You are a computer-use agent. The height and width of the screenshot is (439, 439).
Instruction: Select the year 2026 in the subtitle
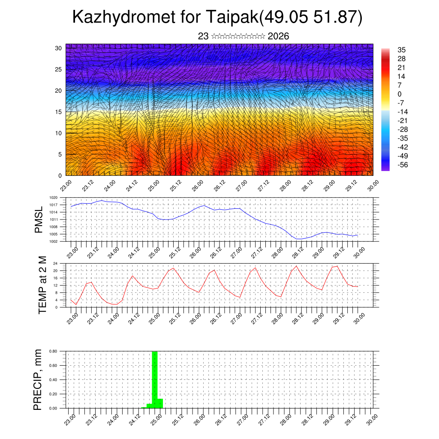pos(278,36)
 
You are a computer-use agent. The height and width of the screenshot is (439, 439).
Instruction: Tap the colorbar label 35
pos(402,50)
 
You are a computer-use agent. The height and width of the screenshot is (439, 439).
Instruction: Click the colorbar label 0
pos(400,94)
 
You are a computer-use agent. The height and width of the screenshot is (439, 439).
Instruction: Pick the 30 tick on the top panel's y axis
pos(58,48)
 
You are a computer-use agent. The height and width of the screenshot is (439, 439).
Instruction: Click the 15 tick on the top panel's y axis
pos(58,112)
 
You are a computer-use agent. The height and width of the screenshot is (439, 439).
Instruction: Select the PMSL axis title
pos(39,219)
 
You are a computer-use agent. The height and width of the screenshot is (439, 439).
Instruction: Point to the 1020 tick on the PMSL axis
pos(53,198)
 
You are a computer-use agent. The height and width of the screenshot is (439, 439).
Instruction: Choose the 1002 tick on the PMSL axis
pos(53,241)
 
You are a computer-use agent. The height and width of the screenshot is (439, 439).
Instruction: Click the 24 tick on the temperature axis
pos(55,263)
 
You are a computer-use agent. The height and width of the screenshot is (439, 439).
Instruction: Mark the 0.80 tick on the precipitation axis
pos(53,351)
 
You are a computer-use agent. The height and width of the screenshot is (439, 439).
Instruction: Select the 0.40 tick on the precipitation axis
pos(53,380)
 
